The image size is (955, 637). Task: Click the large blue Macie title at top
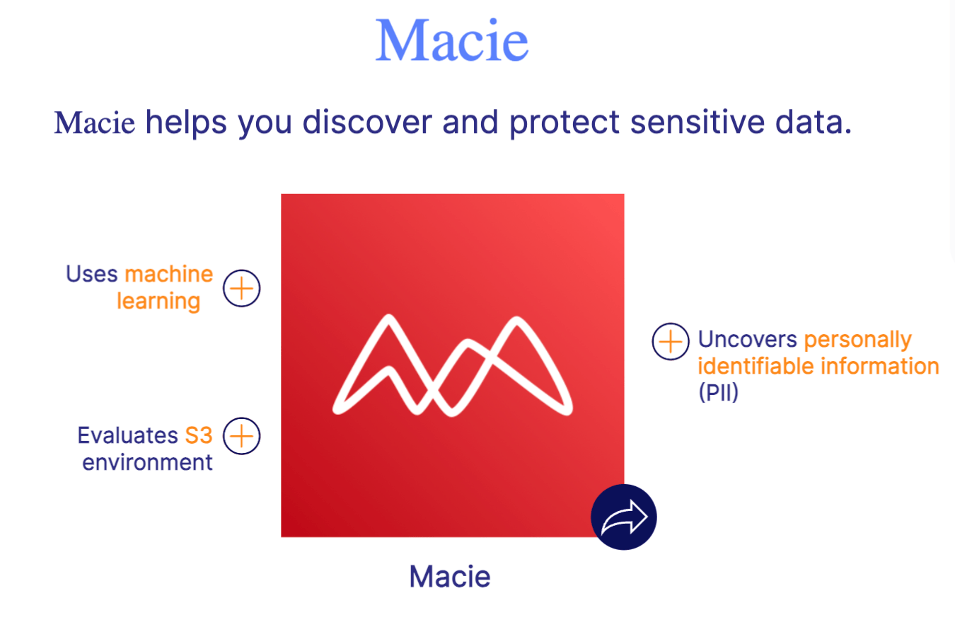click(x=451, y=41)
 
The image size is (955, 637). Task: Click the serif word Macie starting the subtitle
click(x=94, y=123)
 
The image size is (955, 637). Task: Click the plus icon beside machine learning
click(x=242, y=288)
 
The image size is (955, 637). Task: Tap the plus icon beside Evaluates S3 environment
click(x=242, y=435)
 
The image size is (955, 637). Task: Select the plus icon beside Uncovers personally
click(x=670, y=341)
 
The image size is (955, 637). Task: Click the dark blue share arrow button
click(x=623, y=517)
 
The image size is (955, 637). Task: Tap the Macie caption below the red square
click(x=449, y=576)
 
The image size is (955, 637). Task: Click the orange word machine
click(x=168, y=274)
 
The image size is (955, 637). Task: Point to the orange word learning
click(x=158, y=302)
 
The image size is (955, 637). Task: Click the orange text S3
click(x=198, y=435)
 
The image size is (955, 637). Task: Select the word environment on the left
click(x=147, y=462)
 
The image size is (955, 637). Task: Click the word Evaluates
click(x=127, y=435)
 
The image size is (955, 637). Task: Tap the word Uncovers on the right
click(x=747, y=339)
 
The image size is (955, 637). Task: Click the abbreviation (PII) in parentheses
click(x=718, y=392)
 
